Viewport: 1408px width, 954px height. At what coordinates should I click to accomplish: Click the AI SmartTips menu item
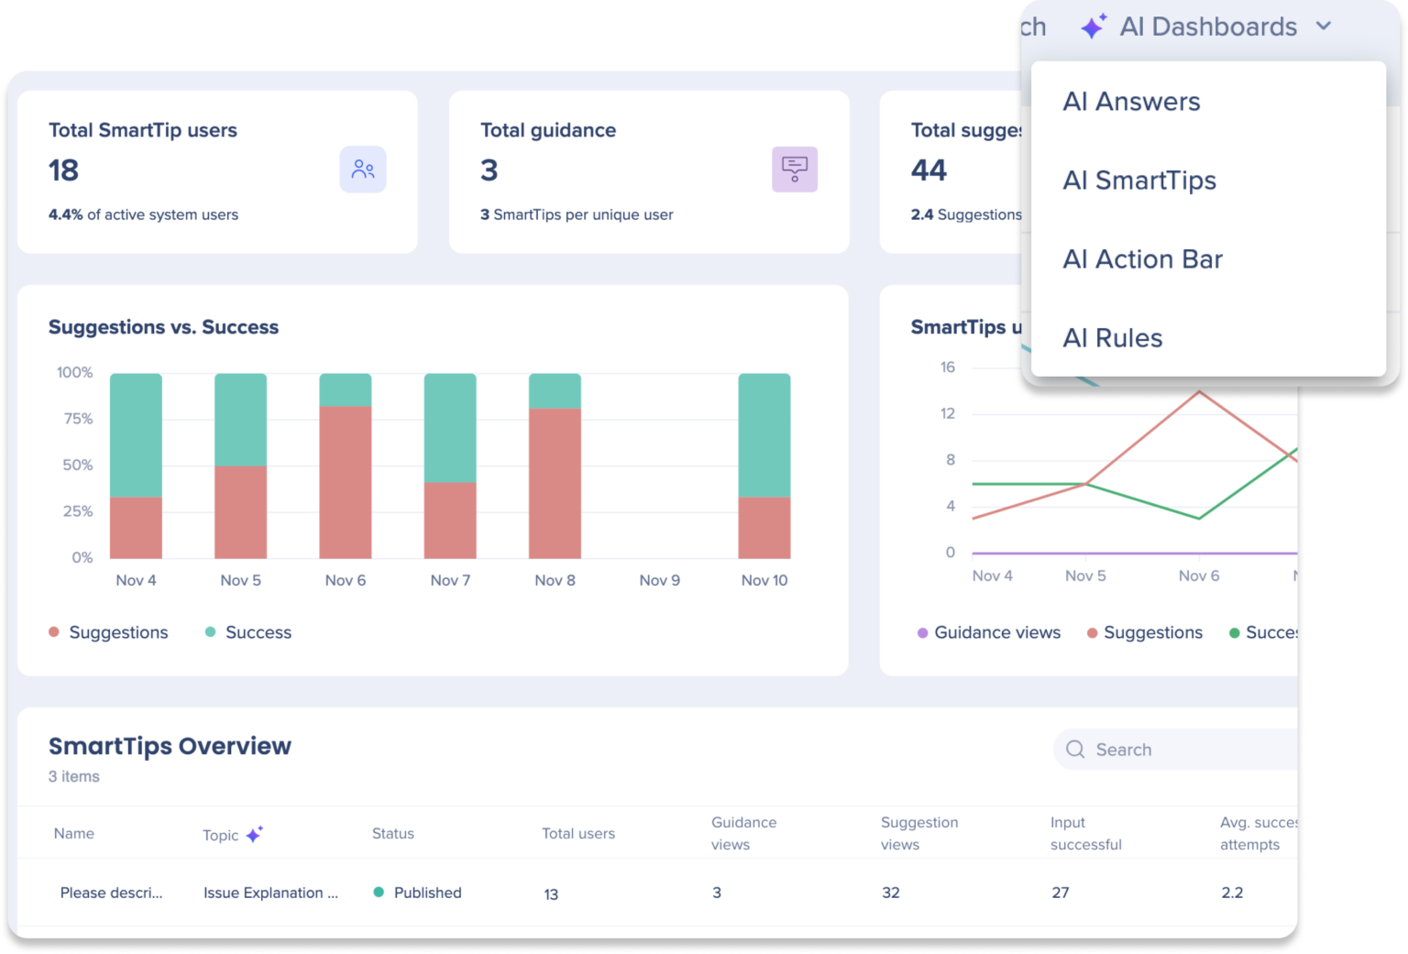pos(1138,181)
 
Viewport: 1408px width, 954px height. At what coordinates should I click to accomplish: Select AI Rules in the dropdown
pos(1112,338)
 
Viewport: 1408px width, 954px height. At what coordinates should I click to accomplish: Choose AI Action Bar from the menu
pos(1142,259)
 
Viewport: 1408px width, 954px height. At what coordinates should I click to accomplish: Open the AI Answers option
pos(1131,102)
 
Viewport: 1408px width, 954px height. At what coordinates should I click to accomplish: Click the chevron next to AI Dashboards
pos(1323,27)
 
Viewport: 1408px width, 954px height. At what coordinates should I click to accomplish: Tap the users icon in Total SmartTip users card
pos(363,170)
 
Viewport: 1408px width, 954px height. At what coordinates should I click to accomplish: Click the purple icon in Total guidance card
pos(794,170)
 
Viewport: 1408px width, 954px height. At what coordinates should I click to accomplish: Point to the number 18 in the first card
pos(64,170)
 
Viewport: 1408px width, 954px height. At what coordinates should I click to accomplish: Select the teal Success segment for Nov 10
pos(764,434)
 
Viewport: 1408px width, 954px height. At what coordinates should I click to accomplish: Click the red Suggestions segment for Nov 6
pos(346,482)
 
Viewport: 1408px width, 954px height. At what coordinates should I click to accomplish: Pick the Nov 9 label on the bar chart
pos(659,580)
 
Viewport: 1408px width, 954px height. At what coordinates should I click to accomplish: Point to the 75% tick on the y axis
pos(78,419)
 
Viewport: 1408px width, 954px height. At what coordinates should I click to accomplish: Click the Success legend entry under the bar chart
pos(248,632)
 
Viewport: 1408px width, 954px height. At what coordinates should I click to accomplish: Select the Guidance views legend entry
pos(990,632)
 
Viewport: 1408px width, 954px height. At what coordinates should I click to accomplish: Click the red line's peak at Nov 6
pos(1199,392)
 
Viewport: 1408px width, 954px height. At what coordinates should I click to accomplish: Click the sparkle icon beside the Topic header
pos(255,834)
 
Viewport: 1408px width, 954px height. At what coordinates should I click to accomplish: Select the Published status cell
pos(418,893)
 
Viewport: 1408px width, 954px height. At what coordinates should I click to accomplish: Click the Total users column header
pos(577,834)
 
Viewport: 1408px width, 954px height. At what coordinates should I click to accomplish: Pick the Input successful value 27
pos(1061,893)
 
